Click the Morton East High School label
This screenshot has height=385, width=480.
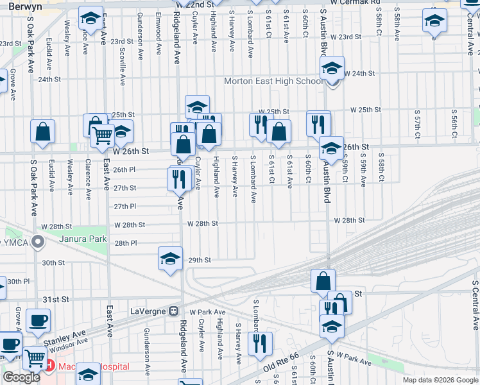(x=273, y=81)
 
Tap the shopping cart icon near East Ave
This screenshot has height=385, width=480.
(x=103, y=135)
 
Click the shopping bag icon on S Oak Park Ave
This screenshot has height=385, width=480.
(x=42, y=131)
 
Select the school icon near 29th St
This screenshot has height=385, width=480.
(x=170, y=258)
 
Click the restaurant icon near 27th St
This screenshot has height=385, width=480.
(x=180, y=177)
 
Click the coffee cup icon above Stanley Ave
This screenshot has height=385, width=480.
(x=38, y=320)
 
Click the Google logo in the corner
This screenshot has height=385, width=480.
(x=21, y=377)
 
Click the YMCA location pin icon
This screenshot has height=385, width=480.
(x=38, y=243)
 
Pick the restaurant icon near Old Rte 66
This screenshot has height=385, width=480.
(x=260, y=343)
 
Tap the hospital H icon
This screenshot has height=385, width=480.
(x=50, y=366)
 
